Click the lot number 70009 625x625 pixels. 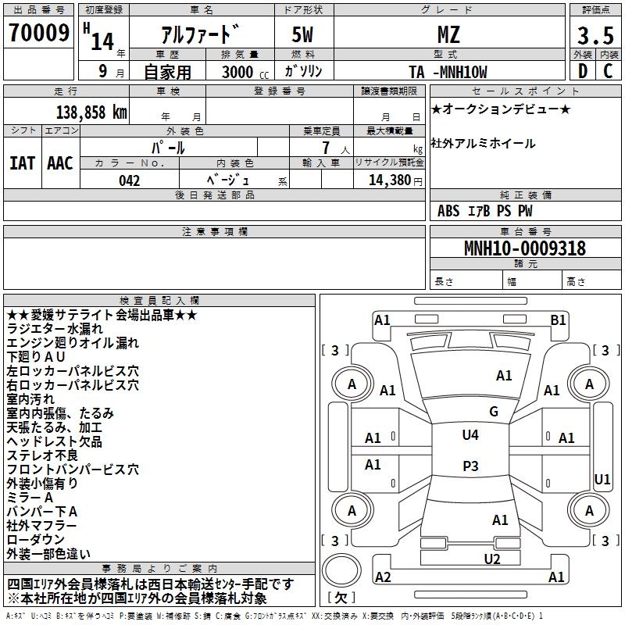[x=38, y=33]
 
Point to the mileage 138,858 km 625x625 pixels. [x=91, y=112]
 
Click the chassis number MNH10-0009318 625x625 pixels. [x=524, y=248]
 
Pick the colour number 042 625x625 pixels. [x=130, y=180]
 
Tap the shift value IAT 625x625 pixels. [x=22, y=163]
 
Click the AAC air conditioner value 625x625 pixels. [x=60, y=163]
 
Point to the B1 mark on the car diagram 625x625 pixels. [x=558, y=320]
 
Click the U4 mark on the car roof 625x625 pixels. [x=470, y=435]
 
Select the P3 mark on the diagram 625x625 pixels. [x=470, y=466]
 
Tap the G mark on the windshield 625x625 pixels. [x=493, y=412]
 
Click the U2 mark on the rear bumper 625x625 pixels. [x=491, y=558]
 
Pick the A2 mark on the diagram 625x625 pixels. [x=383, y=577]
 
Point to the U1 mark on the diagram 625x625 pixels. [x=602, y=479]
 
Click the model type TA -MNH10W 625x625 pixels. [x=448, y=72]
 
